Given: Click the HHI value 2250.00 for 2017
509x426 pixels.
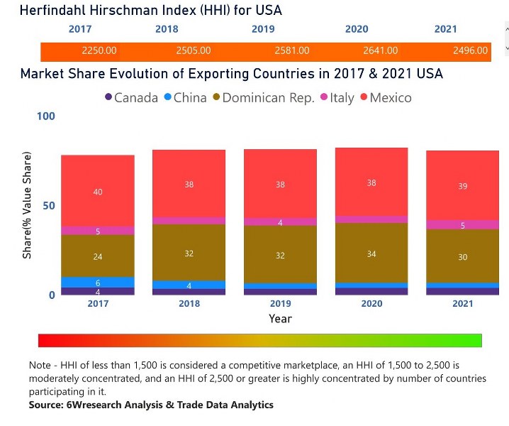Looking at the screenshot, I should tap(99, 51).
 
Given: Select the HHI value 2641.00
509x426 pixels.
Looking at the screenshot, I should tap(381, 51).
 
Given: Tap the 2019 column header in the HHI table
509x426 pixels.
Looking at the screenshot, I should tap(263, 29).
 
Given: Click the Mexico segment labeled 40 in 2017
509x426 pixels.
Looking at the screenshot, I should tap(98, 191).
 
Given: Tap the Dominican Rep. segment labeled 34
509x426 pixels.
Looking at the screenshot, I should tap(371, 253).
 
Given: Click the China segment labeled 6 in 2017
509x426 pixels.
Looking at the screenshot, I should tap(98, 282).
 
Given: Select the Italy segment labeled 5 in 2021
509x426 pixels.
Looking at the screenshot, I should tap(462, 225).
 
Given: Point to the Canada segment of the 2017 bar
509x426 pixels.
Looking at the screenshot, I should tap(98, 291).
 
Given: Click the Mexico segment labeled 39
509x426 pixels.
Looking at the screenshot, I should tap(462, 185).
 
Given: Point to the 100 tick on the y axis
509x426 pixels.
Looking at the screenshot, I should tap(45, 116).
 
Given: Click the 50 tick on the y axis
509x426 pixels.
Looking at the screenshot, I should tap(47, 205).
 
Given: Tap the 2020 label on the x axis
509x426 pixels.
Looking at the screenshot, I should tap(371, 304).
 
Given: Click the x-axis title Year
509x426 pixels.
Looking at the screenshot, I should tap(280, 319).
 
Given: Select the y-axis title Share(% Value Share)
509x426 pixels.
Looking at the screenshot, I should tap(27, 205).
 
